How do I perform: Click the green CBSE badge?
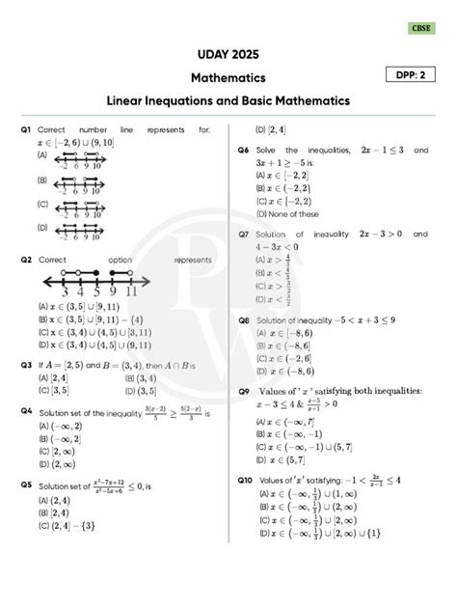click(421, 28)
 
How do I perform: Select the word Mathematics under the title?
click(228, 76)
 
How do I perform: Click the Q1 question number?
click(26, 129)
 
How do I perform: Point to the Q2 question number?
click(26, 260)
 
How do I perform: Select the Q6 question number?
click(245, 152)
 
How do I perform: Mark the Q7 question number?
click(245, 235)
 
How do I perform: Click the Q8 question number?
click(245, 319)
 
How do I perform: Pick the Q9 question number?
click(245, 390)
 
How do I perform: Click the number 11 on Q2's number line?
click(131, 293)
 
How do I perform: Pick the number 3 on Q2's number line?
click(65, 293)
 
